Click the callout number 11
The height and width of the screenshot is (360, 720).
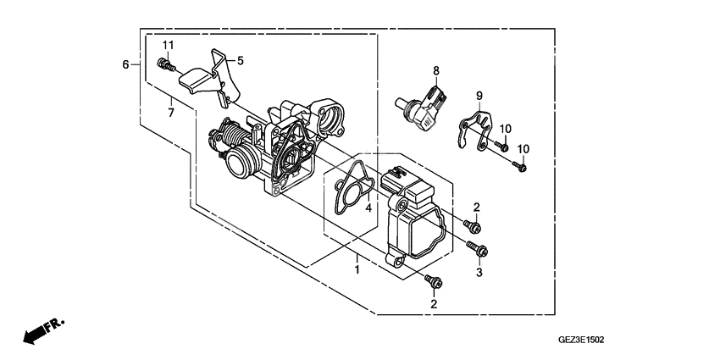168,44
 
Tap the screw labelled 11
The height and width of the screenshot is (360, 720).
164,64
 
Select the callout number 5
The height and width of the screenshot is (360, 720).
240,61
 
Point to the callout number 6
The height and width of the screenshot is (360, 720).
125,64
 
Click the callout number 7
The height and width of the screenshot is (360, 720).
170,112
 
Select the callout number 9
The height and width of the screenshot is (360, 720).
479,95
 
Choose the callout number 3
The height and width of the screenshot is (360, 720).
479,273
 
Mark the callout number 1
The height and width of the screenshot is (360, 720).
357,270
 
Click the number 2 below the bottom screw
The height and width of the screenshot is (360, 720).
434,303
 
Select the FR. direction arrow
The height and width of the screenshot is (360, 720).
41,331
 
